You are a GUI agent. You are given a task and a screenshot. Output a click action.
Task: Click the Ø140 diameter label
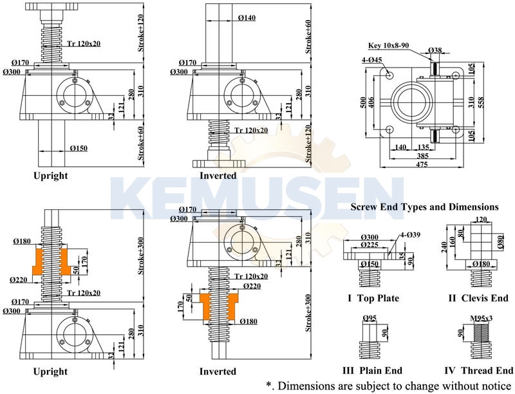click(247, 18)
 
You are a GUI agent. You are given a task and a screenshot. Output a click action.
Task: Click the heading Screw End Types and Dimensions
click(424, 207)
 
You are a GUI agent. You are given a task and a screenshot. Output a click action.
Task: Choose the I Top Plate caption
click(373, 298)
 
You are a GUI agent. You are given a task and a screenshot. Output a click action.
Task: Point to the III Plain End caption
click(372, 370)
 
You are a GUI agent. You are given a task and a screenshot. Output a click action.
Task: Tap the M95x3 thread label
click(482, 318)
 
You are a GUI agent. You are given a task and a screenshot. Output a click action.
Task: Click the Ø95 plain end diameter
click(370, 317)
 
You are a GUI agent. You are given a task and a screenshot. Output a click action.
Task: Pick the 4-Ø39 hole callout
click(411, 234)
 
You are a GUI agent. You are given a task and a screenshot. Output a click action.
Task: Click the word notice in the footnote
click(492, 385)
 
